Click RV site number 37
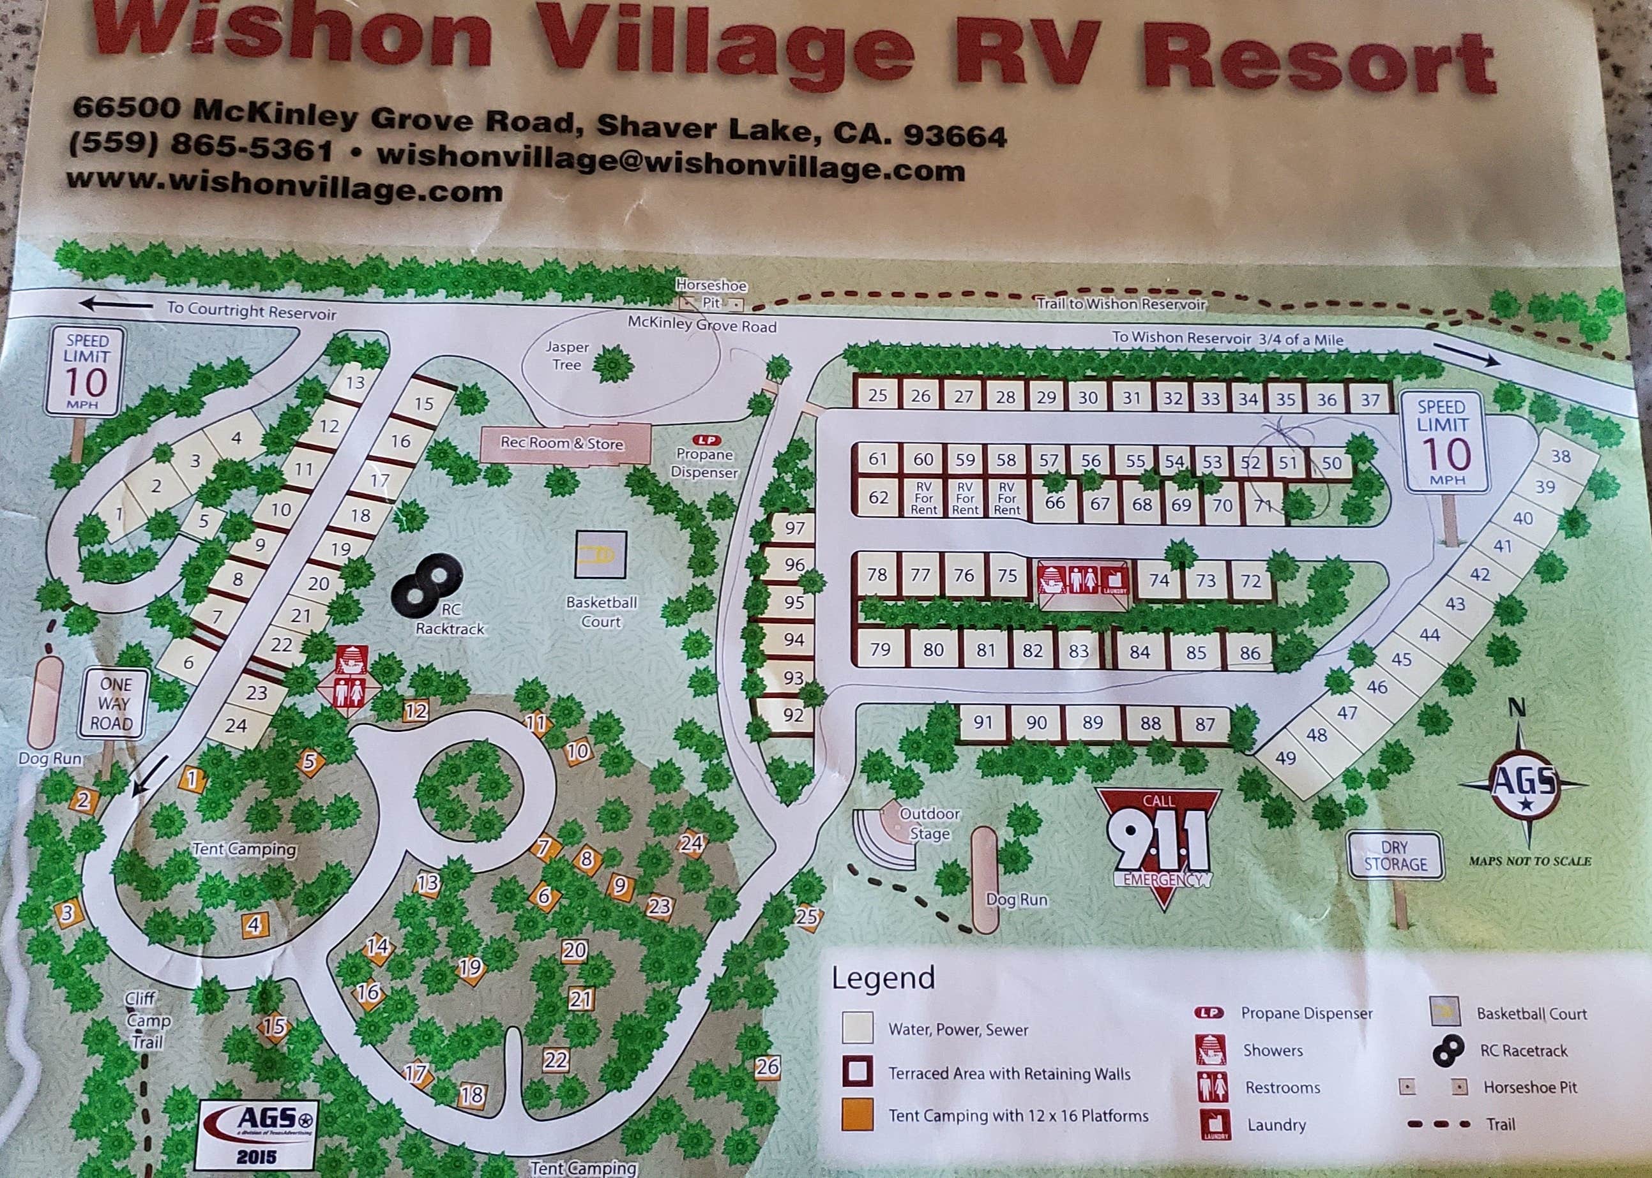click(1370, 399)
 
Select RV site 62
click(878, 498)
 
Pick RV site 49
click(1285, 758)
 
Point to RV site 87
click(1205, 724)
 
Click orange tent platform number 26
click(767, 1066)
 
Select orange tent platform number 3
click(68, 913)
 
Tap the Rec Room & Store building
click(563, 444)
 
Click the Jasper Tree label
click(567, 355)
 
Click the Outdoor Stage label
click(930, 823)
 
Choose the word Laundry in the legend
click(1277, 1124)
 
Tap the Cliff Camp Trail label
click(148, 1020)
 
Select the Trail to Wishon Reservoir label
click(1121, 303)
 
